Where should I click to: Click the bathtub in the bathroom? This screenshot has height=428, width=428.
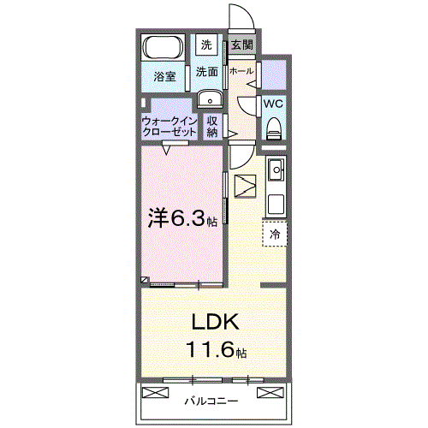coord(163,47)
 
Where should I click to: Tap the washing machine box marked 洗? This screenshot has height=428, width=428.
coord(206,45)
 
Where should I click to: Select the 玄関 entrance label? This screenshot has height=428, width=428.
coord(242,45)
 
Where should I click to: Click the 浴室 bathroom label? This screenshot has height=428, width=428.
coord(164,76)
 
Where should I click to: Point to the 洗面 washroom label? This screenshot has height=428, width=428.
coord(207,72)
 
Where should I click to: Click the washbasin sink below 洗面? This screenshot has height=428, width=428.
coord(210,99)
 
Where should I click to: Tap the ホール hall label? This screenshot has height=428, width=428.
coord(241,71)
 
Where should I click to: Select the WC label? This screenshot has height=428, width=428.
coord(273,104)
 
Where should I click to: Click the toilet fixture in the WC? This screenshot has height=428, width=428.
coord(273,128)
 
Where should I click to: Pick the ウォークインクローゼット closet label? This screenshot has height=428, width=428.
coord(169,127)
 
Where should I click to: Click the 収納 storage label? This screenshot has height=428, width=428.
coord(212,127)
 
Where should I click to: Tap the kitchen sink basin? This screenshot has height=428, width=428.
coord(276,169)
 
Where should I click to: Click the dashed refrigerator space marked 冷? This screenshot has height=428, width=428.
coord(275,234)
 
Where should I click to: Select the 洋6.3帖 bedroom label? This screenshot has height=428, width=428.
coord(182,219)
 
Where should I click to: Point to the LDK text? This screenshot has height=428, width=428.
coord(216,322)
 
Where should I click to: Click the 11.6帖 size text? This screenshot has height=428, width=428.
coord(217,350)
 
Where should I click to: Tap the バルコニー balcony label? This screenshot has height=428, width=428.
coord(211,401)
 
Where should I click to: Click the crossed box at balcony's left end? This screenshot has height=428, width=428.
coord(155,392)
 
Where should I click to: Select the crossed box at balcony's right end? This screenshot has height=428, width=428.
coord(270,392)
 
